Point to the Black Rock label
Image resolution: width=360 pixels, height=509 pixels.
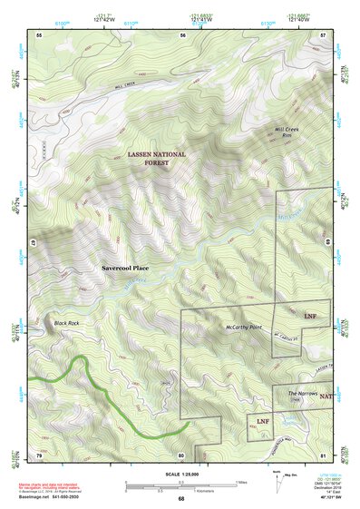point(67,323)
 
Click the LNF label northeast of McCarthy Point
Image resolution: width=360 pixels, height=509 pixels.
point(310,316)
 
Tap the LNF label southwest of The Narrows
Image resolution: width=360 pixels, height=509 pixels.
point(262,422)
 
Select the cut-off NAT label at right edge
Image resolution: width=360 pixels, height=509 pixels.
point(325,396)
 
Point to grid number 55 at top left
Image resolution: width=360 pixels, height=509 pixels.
point(39,34)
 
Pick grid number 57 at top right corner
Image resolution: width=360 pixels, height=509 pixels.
point(324,34)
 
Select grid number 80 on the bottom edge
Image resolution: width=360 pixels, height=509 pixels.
point(181,455)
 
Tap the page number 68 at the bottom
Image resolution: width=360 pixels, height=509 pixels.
point(180,499)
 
